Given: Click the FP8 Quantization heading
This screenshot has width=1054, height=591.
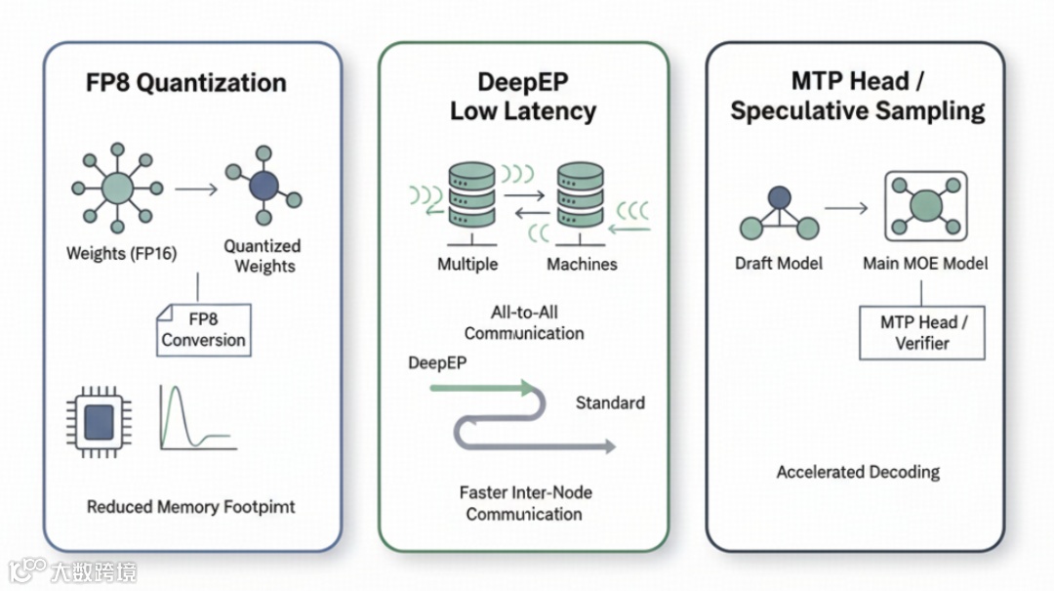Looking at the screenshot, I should pyautogui.click(x=186, y=83).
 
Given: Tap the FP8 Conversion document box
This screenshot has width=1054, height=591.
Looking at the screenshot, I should pyautogui.click(x=204, y=329).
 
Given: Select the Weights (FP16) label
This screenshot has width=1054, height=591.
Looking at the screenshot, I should pyautogui.click(x=122, y=253).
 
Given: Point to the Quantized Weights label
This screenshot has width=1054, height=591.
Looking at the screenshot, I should pyautogui.click(x=262, y=256).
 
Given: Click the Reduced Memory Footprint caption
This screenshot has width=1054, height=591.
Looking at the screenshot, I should pyautogui.click(x=191, y=507).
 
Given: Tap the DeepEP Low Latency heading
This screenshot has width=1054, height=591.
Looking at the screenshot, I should pyautogui.click(x=523, y=97).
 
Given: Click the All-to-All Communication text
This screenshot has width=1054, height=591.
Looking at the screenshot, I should pyautogui.click(x=524, y=323).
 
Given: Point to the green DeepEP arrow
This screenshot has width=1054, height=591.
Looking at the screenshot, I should pyautogui.click(x=483, y=388).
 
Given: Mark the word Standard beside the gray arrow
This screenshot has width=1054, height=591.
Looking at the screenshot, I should pyautogui.click(x=610, y=402).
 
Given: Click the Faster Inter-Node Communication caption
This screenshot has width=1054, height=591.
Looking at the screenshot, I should pyautogui.click(x=525, y=503).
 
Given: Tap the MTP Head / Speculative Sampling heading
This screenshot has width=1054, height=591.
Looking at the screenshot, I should pyautogui.click(x=857, y=96).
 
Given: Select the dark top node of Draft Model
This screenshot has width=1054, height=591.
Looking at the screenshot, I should pyautogui.click(x=779, y=197).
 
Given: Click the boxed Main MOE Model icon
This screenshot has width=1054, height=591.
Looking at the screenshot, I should pyautogui.click(x=925, y=206).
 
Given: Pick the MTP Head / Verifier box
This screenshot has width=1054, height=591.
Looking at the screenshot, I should pyautogui.click(x=921, y=332).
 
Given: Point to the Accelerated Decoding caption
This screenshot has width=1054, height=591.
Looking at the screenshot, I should pyautogui.click(x=858, y=473).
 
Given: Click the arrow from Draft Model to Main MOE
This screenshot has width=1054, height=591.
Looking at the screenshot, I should pyautogui.click(x=845, y=208).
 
